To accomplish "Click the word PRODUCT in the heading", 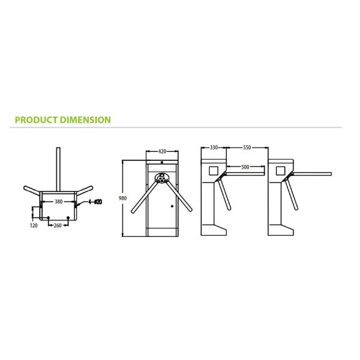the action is click(36, 120).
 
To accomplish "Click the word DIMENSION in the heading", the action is click(85, 120).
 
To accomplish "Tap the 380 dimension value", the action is click(59, 202).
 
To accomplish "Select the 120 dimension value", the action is click(34, 226).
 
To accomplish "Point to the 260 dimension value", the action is click(58, 226).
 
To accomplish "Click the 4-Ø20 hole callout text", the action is click(95, 202).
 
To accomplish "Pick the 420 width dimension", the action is click(162, 151).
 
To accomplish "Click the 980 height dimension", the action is click(122, 198).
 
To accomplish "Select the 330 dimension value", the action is click(214, 148).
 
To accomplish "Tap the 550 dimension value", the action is click(247, 148).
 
